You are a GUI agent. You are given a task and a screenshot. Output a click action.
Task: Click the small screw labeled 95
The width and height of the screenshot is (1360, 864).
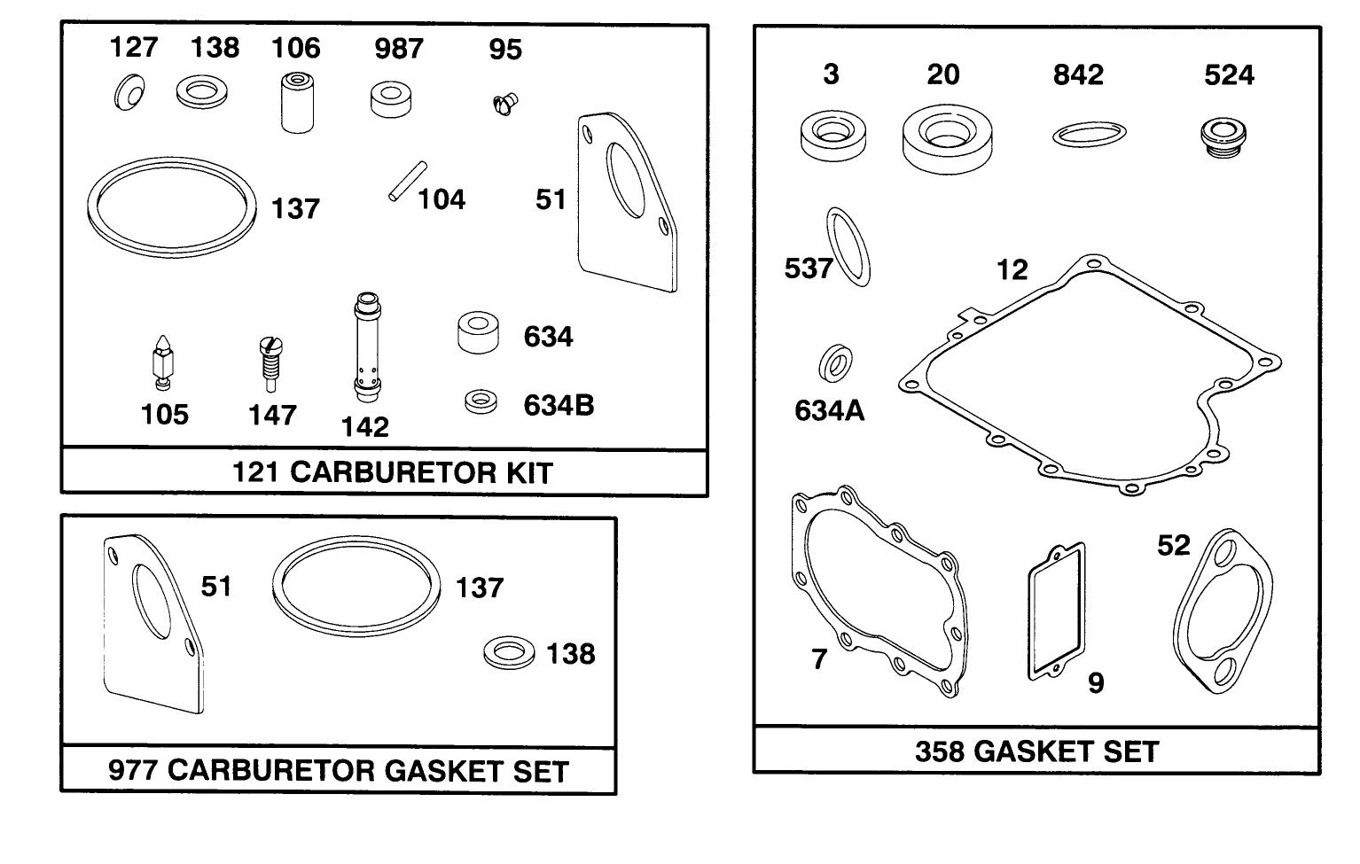click(x=504, y=103)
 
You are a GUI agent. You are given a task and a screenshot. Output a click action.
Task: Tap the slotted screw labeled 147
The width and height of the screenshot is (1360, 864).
click(x=267, y=362)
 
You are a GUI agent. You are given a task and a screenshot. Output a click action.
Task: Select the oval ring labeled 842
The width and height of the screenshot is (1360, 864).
click(x=1090, y=135)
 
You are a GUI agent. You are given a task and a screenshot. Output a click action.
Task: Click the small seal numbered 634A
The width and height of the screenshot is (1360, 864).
click(x=835, y=362)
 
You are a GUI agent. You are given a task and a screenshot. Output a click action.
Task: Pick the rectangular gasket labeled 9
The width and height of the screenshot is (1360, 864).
click(x=1056, y=612)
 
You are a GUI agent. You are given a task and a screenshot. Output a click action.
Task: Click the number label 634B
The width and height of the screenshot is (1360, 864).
click(x=559, y=405)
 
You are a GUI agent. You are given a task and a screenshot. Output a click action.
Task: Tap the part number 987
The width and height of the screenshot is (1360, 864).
click(x=398, y=48)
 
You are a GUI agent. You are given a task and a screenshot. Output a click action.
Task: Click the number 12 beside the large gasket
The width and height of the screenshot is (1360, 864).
click(x=1012, y=269)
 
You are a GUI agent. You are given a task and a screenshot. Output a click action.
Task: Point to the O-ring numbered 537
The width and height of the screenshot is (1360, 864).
click(x=848, y=247)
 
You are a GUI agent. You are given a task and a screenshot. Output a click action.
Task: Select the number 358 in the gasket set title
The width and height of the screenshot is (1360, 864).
click(x=939, y=751)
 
